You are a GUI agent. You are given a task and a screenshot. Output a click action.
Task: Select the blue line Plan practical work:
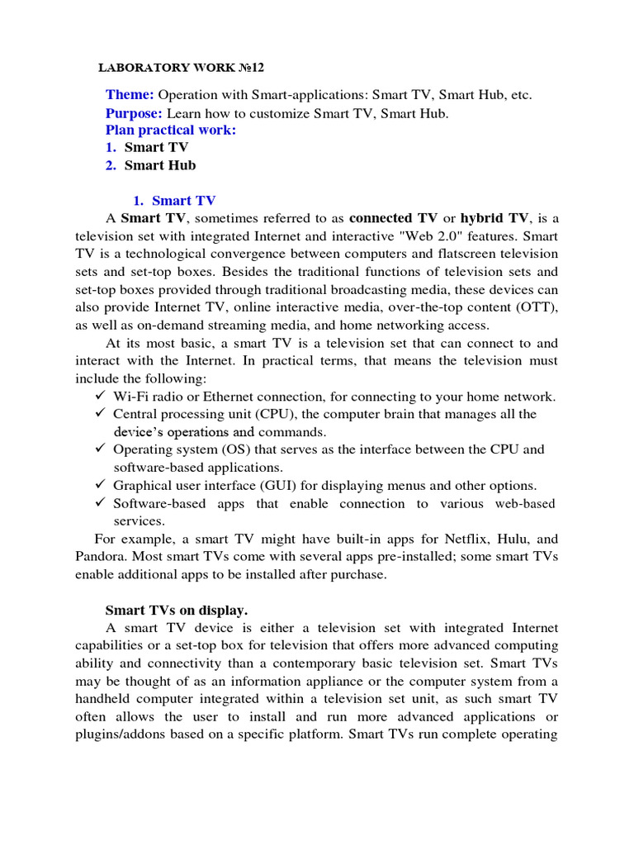pyautogui.click(x=171, y=131)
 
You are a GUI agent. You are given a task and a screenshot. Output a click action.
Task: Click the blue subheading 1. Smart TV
pyautogui.click(x=174, y=201)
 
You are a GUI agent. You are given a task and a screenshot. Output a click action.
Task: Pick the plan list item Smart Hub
pyautogui.click(x=160, y=165)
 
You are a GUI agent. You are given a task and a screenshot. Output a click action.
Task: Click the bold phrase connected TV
pyautogui.click(x=393, y=218)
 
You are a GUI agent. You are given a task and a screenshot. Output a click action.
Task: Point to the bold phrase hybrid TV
pyautogui.click(x=494, y=218)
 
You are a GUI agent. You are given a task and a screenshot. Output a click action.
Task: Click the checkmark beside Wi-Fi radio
pyautogui.click(x=101, y=397)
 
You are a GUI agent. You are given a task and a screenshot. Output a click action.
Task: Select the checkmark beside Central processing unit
pyautogui.click(x=101, y=414)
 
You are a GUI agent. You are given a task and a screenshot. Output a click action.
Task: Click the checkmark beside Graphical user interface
pyautogui.click(x=101, y=486)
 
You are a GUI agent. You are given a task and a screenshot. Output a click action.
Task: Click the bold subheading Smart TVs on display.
pyautogui.click(x=177, y=611)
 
